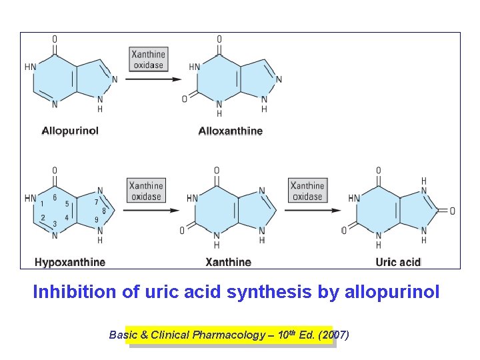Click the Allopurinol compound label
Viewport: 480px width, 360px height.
click(x=70, y=131)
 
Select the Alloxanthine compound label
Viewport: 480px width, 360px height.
click(x=230, y=131)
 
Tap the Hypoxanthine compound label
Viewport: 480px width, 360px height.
click(x=69, y=262)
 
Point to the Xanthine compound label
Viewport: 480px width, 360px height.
click(x=228, y=262)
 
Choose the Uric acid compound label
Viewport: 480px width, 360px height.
click(x=398, y=262)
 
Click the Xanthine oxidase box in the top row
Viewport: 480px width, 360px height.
click(x=148, y=59)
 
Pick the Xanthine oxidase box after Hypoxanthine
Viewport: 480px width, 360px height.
click(x=146, y=191)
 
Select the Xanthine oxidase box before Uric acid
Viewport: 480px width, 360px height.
click(x=307, y=191)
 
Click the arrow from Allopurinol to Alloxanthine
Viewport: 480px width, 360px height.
click(x=153, y=79)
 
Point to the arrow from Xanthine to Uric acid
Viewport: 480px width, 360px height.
click(x=314, y=211)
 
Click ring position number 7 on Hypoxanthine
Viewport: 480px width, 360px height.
click(x=97, y=202)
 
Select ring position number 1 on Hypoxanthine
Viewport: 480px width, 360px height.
click(x=42, y=203)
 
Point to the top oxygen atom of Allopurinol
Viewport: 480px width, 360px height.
click(x=55, y=39)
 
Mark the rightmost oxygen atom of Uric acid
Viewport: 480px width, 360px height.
click(x=453, y=211)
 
